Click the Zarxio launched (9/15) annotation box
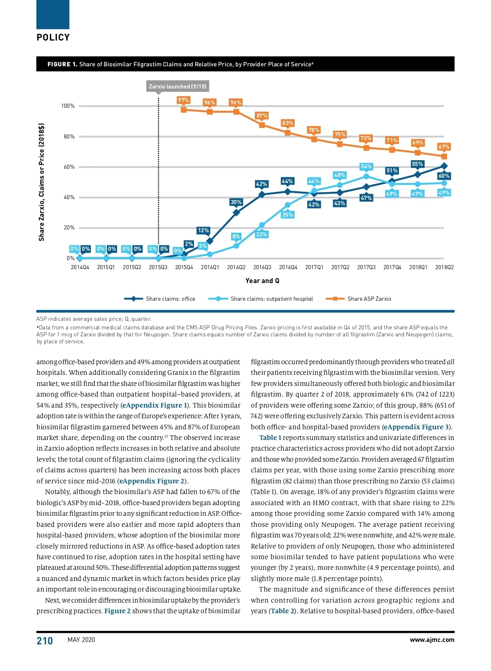[x=178, y=86]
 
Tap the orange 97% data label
[x=183, y=100]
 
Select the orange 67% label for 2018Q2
[x=444, y=147]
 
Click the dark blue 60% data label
[x=444, y=176]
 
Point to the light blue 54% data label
[x=366, y=166]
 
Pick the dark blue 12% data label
[x=203, y=230]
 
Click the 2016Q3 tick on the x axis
[x=262, y=267]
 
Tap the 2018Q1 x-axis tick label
[x=418, y=267]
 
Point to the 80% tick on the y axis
[x=69, y=136]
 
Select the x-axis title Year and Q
[x=262, y=281]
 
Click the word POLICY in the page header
[x=53, y=37]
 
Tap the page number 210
[x=45, y=641]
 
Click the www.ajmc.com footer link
[x=432, y=640]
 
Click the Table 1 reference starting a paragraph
[x=270, y=438]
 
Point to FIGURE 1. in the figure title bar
[x=62, y=64]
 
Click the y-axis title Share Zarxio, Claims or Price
[x=41, y=182]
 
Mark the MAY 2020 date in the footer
[x=81, y=640]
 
